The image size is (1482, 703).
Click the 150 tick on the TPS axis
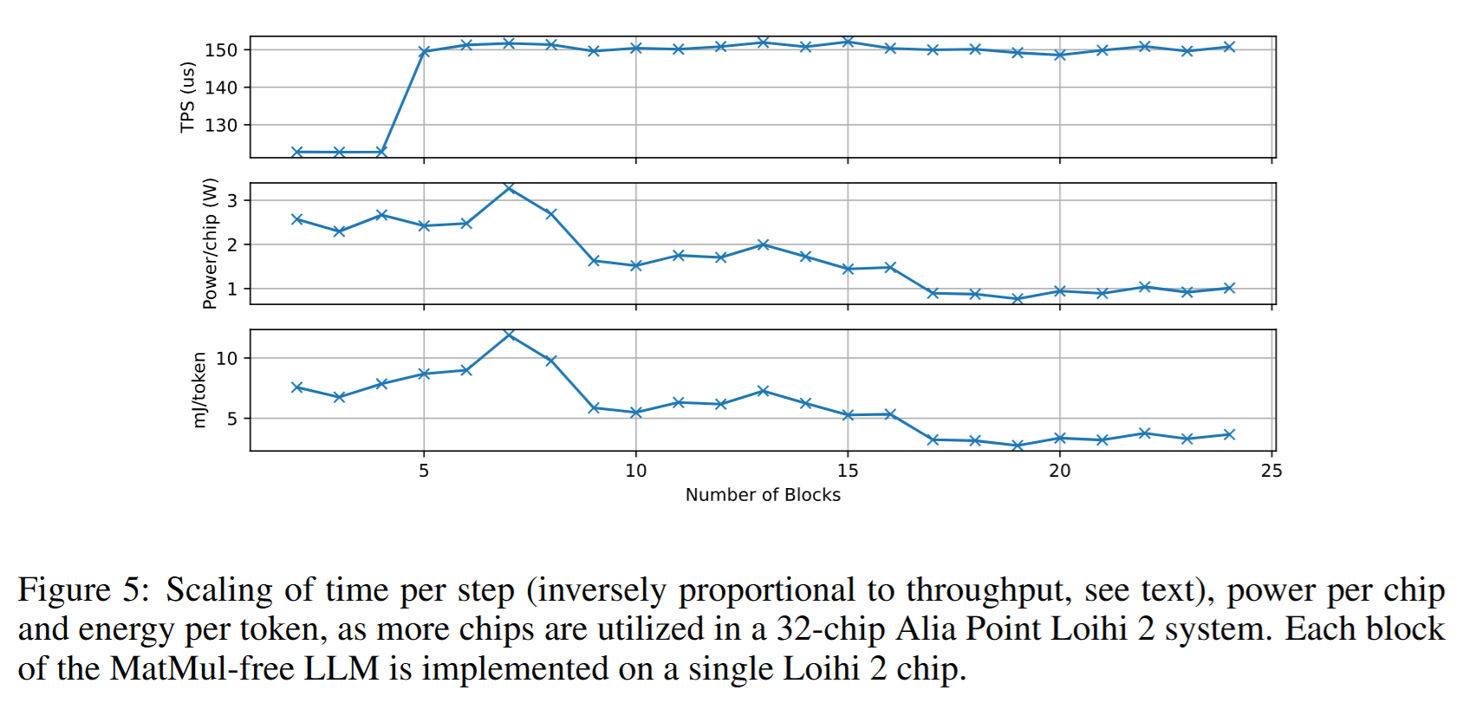(220, 50)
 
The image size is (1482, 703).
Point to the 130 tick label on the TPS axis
(220, 126)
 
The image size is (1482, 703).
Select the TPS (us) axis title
(187, 97)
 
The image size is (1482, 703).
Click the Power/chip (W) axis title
(209, 244)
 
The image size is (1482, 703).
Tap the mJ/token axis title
(199, 389)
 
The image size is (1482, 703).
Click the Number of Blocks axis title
(763, 495)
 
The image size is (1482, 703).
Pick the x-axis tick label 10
(635, 471)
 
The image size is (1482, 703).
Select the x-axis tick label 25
(1271, 471)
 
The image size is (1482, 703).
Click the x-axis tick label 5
(424, 471)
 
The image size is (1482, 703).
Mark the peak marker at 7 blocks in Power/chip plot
(509, 187)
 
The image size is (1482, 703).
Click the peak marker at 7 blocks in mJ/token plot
(509, 334)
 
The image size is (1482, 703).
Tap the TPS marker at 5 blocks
(424, 52)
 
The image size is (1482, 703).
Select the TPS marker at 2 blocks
(297, 152)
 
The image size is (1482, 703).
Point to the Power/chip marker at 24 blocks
(1229, 288)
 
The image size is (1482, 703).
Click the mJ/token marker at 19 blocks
(1017, 446)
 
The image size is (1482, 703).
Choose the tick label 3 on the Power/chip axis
(231, 200)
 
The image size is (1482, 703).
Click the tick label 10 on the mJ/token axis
(226, 358)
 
